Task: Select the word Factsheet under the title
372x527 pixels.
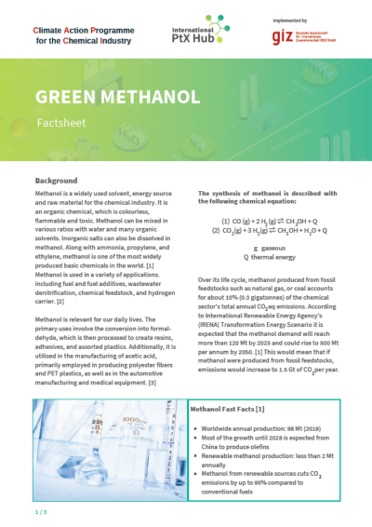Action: point(56,122)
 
